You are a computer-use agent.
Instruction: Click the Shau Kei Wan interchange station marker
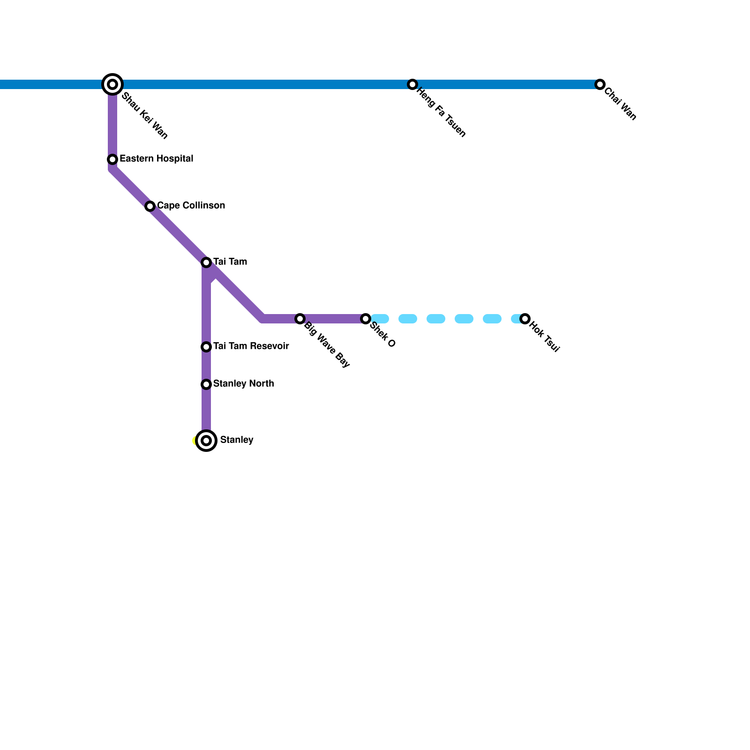click(112, 84)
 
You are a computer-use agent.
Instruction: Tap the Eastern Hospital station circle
click(112, 159)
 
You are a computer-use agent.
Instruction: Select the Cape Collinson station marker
click(150, 206)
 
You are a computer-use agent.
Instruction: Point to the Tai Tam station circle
click(206, 262)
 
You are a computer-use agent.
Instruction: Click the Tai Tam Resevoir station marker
click(206, 347)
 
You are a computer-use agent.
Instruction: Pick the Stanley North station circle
click(206, 384)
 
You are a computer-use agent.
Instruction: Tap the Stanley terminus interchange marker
click(206, 441)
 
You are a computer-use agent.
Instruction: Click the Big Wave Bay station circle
click(300, 319)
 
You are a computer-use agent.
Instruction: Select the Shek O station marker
click(366, 319)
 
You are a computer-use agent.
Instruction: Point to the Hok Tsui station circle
click(525, 319)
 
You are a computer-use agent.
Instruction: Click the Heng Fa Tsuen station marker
click(412, 84)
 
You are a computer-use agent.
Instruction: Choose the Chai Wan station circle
click(600, 84)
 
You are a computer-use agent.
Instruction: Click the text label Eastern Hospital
click(156, 159)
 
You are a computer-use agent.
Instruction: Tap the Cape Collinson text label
click(191, 206)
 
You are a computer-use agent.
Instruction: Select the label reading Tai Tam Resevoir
click(251, 346)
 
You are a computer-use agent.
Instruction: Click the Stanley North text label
click(243, 384)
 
